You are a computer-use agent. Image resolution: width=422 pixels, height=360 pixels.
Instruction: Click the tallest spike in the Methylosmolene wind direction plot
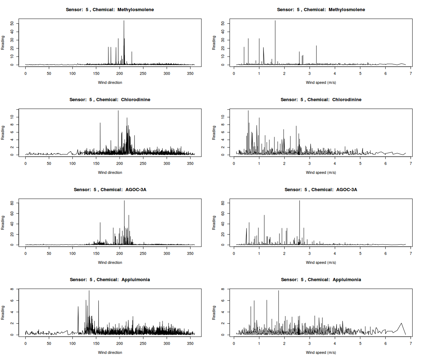pyautogui.click(x=124, y=21)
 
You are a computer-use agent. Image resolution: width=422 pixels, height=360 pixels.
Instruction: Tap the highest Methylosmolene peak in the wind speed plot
pyautogui.click(x=275, y=21)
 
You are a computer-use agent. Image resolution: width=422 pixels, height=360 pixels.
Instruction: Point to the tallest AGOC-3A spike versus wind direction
pyautogui.click(x=124, y=201)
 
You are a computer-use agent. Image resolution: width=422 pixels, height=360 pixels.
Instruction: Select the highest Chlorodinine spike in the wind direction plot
pyautogui.click(x=118, y=111)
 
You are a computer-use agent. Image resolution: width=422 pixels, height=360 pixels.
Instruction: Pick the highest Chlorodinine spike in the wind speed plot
pyautogui.click(x=248, y=111)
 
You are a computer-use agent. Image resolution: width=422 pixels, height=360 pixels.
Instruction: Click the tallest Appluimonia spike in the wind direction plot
pyautogui.click(x=89, y=291)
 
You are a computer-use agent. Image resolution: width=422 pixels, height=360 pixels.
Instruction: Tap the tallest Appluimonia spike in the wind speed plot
pyautogui.click(x=279, y=291)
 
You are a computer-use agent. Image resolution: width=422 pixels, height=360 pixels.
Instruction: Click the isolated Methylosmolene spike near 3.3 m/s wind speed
pyautogui.click(x=316, y=46)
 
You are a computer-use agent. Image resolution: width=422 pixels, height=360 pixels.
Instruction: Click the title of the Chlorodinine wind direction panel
pyautogui.click(x=110, y=100)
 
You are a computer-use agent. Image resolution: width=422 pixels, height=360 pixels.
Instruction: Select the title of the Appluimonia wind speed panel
pyautogui.click(x=321, y=280)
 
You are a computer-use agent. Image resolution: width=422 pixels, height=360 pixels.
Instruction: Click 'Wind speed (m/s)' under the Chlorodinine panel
pyautogui.click(x=321, y=172)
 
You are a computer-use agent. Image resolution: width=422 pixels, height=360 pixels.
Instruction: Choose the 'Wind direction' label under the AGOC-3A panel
pyautogui.click(x=110, y=262)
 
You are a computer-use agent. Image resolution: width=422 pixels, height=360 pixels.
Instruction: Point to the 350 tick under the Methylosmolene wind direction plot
pyautogui.click(x=190, y=73)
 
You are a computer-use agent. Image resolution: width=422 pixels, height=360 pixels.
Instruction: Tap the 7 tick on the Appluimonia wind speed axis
pyautogui.click(x=410, y=343)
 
